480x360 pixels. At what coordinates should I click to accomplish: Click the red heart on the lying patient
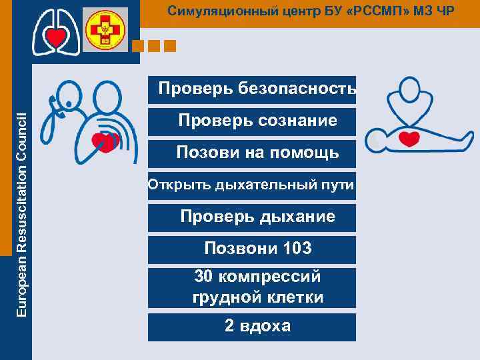tap(409, 139)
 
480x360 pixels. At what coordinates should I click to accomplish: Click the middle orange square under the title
tap(155, 46)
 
